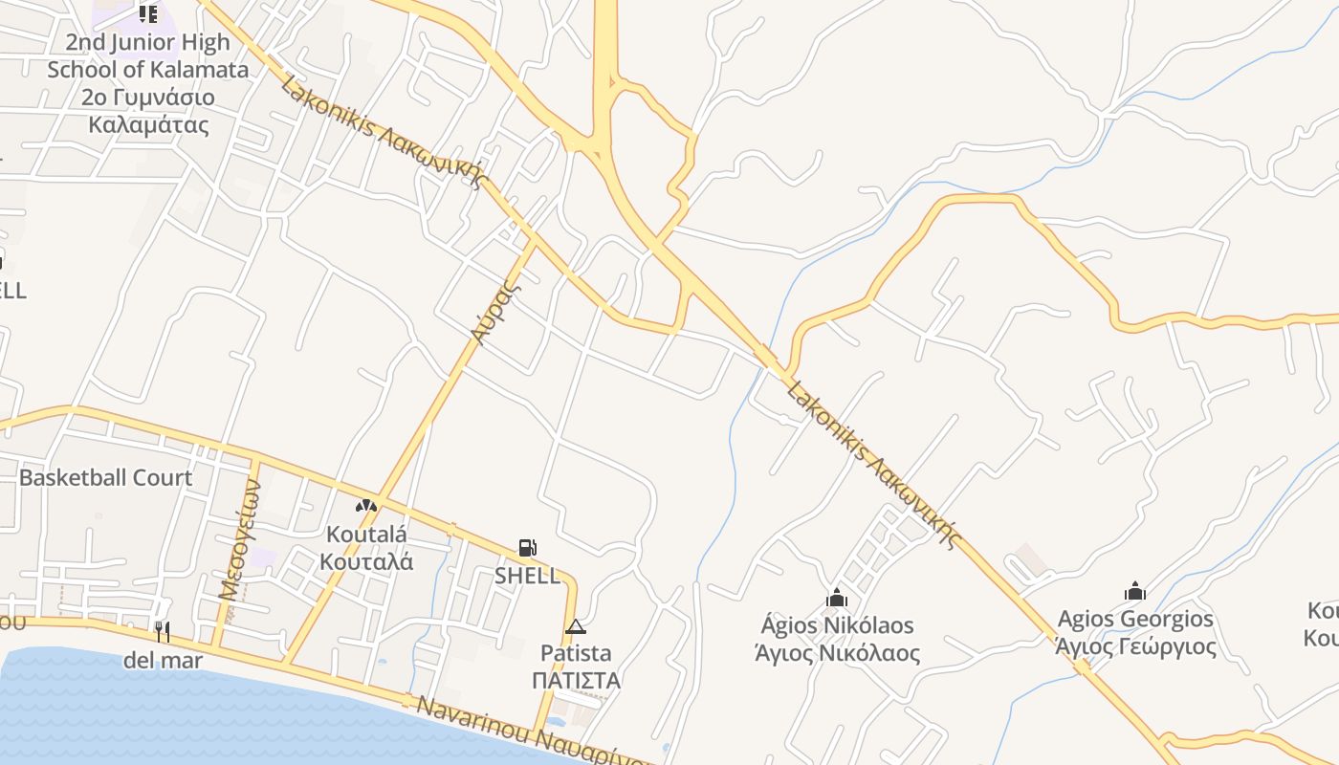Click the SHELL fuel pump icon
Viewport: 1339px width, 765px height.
pyautogui.click(x=527, y=548)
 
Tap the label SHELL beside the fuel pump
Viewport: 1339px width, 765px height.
pyautogui.click(x=527, y=576)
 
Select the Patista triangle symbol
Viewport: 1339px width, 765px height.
pyautogui.click(x=575, y=627)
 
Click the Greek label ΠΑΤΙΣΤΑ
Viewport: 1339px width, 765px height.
pyautogui.click(x=577, y=681)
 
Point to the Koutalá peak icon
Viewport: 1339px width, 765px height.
pyautogui.click(x=366, y=506)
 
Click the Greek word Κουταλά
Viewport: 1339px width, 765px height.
pyautogui.click(x=367, y=561)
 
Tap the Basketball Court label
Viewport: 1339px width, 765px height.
pyautogui.click(x=105, y=477)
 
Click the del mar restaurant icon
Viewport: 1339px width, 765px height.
pyautogui.click(x=163, y=632)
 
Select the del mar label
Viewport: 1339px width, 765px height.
pyautogui.click(x=163, y=660)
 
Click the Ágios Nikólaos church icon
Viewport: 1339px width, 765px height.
pyautogui.click(x=837, y=598)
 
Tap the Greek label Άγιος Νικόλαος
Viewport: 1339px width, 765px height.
pyautogui.click(x=837, y=654)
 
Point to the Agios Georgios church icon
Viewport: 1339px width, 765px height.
pyautogui.click(x=1135, y=591)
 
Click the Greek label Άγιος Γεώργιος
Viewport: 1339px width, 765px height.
pyautogui.click(x=1135, y=646)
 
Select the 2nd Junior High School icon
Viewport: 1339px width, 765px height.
pyautogui.click(x=147, y=13)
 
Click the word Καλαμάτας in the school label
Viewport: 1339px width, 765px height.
pyautogui.click(x=148, y=124)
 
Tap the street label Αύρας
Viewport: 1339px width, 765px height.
pyautogui.click(x=496, y=313)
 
